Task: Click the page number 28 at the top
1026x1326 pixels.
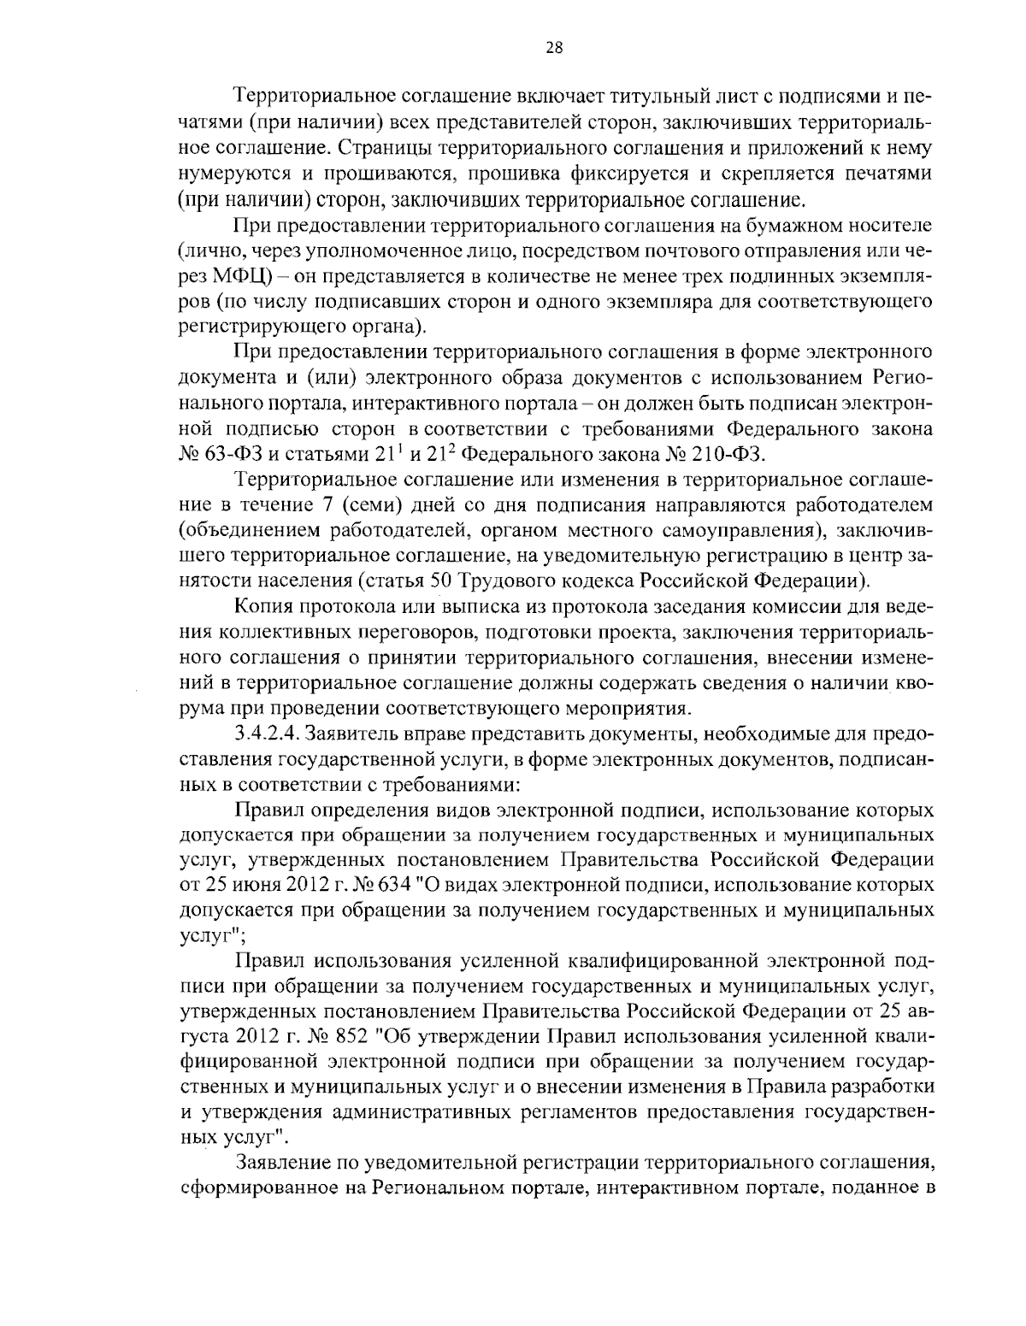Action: (553, 48)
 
